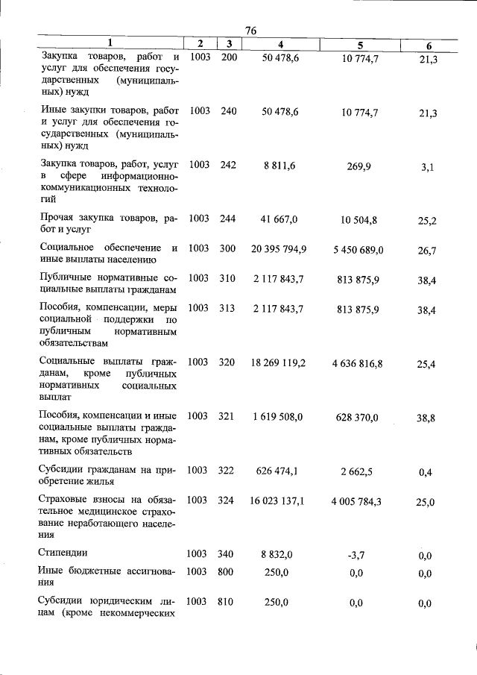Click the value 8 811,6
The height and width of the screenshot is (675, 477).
tap(280, 166)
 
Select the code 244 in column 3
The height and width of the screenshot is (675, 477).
tap(228, 219)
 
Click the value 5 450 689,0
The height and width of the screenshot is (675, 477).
tap(358, 250)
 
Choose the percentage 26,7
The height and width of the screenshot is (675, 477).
tap(427, 251)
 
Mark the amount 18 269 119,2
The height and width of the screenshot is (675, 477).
tap(279, 362)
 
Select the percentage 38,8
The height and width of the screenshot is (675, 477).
tap(426, 418)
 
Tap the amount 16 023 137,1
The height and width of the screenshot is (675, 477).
tap(278, 500)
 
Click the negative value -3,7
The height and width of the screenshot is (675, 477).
tap(356, 555)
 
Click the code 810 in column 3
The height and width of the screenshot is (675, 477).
tap(226, 602)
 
